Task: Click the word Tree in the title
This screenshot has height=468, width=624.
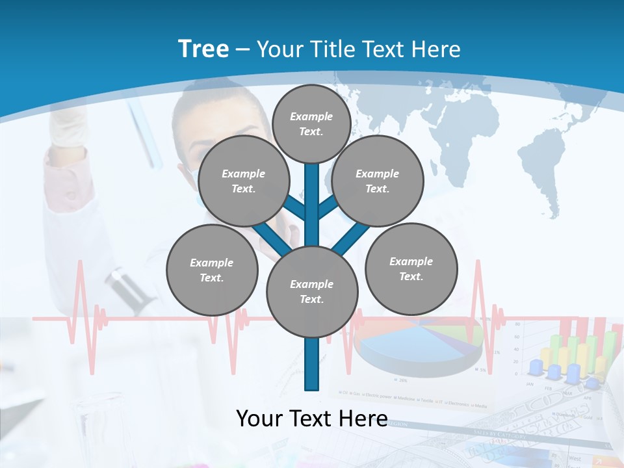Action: pos(203,49)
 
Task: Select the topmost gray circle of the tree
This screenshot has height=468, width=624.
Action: pos(311,123)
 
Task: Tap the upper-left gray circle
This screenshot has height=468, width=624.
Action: pos(243,181)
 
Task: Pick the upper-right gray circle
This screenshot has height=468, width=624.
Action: pos(377,181)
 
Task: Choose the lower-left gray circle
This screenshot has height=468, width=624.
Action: pos(211,270)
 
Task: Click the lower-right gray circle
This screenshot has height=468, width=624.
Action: pos(411,269)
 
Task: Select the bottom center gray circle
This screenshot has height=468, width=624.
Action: pos(311,292)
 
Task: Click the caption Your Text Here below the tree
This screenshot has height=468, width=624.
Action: pos(311,419)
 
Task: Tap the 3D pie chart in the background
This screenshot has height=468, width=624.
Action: pos(416,344)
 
